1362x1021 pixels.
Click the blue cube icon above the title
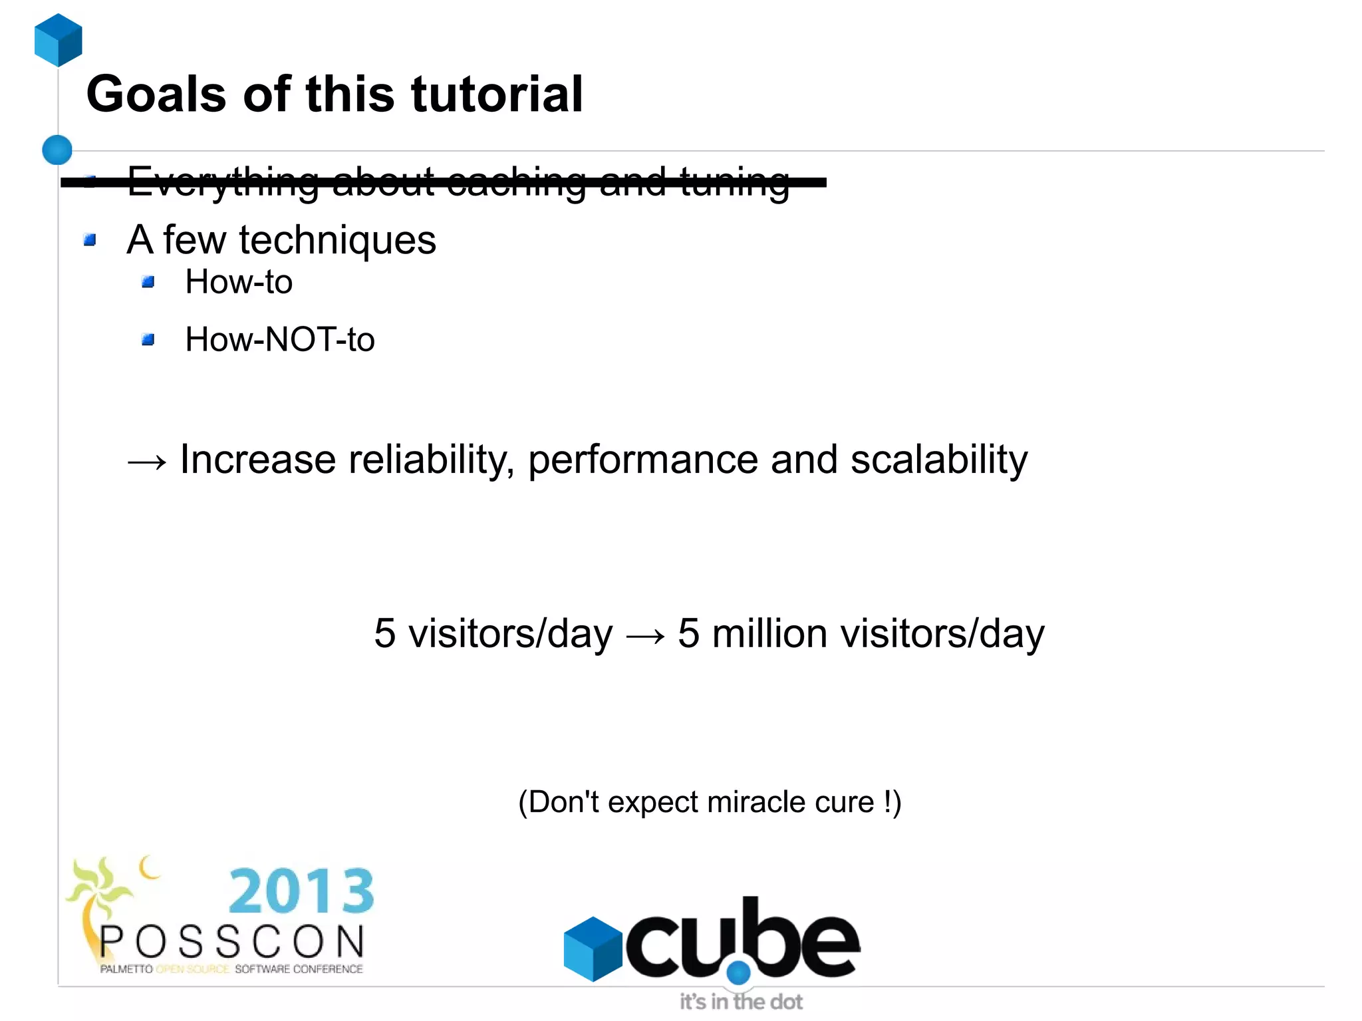(59, 40)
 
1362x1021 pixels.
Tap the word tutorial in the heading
(497, 94)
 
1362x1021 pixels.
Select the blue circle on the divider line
(57, 150)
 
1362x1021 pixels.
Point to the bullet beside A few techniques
(90, 239)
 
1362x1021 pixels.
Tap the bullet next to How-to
(148, 282)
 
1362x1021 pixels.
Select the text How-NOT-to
(279, 339)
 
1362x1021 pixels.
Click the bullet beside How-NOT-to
(148, 340)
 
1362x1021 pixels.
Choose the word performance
(642, 460)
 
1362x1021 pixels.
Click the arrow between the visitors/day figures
(645, 636)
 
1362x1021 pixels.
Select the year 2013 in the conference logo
(301, 891)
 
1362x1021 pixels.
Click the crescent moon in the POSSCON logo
(150, 867)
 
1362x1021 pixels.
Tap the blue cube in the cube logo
(593, 948)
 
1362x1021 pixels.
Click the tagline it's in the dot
(741, 1002)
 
